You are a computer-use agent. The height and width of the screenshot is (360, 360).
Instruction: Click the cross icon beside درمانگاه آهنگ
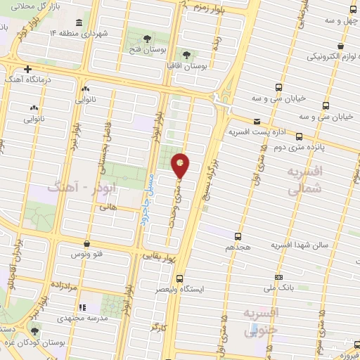27,69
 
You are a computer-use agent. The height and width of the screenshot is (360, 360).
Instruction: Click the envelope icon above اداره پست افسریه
256,120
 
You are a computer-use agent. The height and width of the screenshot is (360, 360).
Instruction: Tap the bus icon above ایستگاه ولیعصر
180,278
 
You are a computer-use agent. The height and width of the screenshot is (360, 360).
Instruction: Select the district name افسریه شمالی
307,180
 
